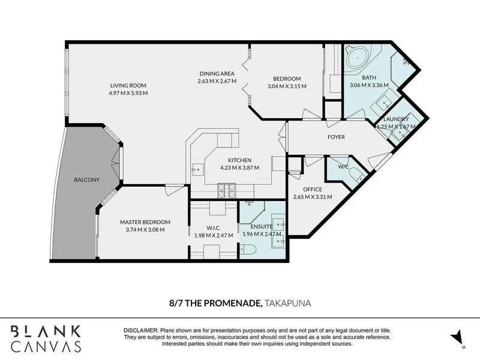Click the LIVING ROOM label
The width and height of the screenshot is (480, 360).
click(x=128, y=85)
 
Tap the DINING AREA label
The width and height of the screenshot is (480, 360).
click(x=217, y=73)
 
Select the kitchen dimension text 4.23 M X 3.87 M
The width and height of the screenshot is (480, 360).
click(x=239, y=167)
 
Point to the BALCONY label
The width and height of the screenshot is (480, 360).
click(x=86, y=179)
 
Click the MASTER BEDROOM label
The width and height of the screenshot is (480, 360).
click(x=145, y=222)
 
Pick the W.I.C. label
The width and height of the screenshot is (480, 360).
click(x=214, y=228)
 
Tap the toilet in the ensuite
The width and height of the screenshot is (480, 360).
click(x=248, y=249)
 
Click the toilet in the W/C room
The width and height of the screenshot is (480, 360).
click(x=357, y=174)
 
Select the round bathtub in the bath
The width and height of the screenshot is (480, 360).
click(x=358, y=58)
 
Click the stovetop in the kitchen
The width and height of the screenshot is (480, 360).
click(x=227, y=190)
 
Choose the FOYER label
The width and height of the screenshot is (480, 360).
click(x=336, y=137)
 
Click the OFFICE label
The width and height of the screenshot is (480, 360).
click(x=313, y=189)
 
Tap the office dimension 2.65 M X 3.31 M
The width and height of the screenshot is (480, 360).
click(x=313, y=197)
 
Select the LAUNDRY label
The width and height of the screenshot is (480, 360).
click(x=396, y=119)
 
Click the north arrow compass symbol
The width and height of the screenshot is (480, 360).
click(x=457, y=338)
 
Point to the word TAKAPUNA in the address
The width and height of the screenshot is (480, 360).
click(x=288, y=303)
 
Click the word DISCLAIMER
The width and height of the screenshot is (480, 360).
click(x=140, y=331)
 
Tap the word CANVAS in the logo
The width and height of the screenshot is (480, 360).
click(x=46, y=346)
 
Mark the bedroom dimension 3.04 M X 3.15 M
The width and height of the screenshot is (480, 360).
click(x=287, y=86)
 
